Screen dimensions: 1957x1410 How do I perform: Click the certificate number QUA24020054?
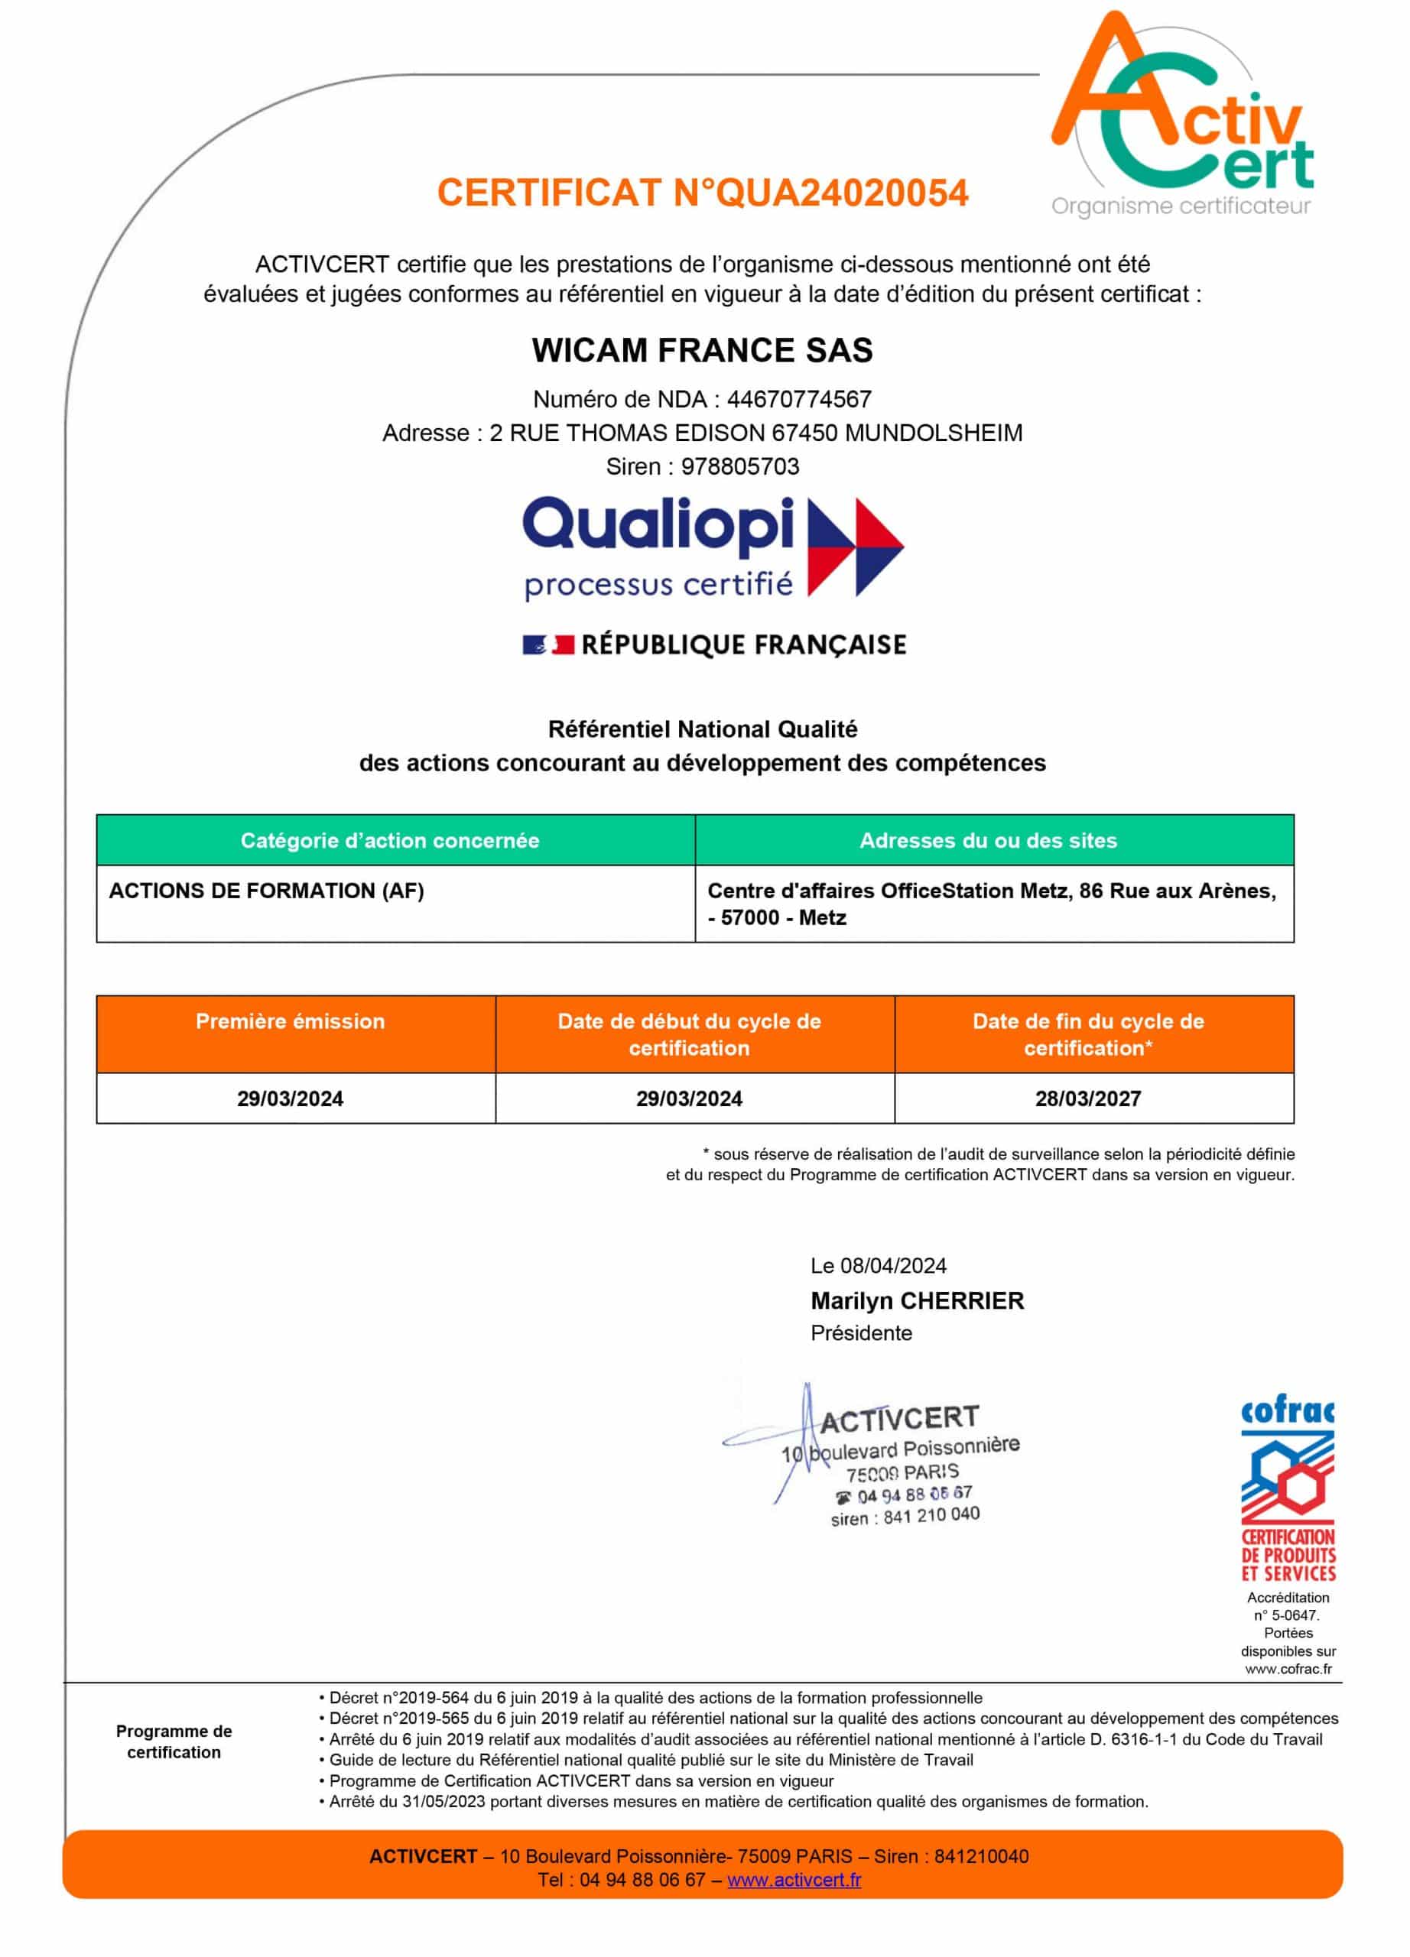(841, 193)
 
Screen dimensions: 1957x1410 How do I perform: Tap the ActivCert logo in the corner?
(1182, 116)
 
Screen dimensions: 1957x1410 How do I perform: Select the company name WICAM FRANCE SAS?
(703, 350)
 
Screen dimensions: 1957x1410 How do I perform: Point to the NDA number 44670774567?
(799, 400)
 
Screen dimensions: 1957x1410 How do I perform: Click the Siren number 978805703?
(740, 467)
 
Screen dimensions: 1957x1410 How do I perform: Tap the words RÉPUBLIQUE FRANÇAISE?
(744, 644)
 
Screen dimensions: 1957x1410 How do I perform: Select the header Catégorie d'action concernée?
(390, 840)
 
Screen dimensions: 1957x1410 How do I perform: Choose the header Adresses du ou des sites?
(988, 840)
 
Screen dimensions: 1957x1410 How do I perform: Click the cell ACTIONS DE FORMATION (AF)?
(267, 891)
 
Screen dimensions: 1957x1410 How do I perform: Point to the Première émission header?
(290, 1021)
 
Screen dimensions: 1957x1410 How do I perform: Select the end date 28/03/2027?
(1088, 1099)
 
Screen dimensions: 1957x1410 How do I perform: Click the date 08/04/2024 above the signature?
(893, 1266)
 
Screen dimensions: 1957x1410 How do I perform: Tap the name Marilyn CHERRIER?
(918, 1300)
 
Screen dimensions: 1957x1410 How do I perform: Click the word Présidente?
(861, 1333)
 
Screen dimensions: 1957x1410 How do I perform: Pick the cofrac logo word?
(1288, 1412)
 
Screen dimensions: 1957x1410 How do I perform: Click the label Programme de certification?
(174, 1741)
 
